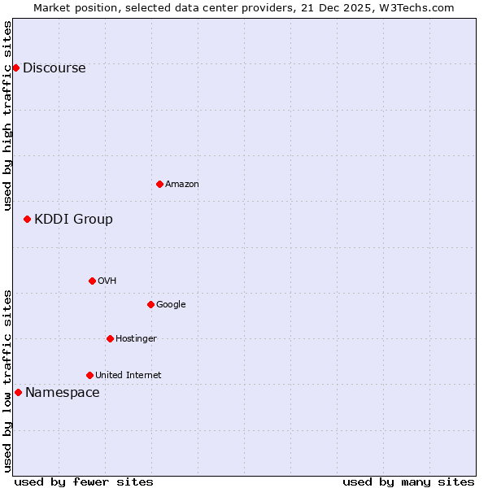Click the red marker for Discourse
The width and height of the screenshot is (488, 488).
pos(15,68)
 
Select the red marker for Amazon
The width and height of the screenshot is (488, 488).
pos(159,184)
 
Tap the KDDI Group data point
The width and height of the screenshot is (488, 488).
pos(27,219)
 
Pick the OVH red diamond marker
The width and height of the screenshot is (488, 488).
pos(92,281)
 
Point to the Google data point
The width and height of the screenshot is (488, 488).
pos(150,304)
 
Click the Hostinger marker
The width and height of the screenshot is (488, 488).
pos(110,338)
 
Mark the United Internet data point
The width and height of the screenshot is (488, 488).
pos(89,375)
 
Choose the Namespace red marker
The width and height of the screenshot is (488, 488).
pos(18,392)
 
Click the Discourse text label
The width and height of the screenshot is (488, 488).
pos(54,68)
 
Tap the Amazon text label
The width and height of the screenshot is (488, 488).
pos(182,185)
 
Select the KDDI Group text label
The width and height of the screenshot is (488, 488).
pos(73,220)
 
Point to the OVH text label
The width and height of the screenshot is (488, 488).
pos(107,281)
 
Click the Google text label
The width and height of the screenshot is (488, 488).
pos(171,305)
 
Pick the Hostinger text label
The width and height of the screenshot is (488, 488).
pos(136,339)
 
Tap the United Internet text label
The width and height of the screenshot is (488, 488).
pos(128,376)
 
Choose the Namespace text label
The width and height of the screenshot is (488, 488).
pos(62,393)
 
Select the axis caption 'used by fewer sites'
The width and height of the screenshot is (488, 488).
pos(84,481)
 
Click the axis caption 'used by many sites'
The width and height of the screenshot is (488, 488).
pos(408,481)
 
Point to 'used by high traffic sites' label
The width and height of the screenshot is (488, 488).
pos(7,115)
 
